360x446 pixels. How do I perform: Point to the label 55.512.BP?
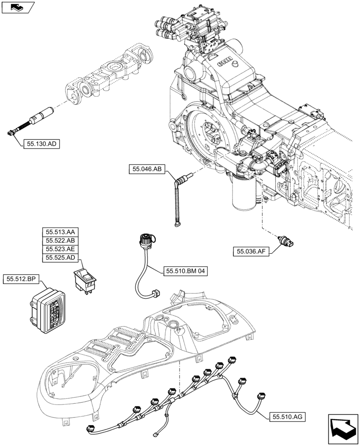click(21, 279)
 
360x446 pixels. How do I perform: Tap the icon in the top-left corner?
click(18, 7)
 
